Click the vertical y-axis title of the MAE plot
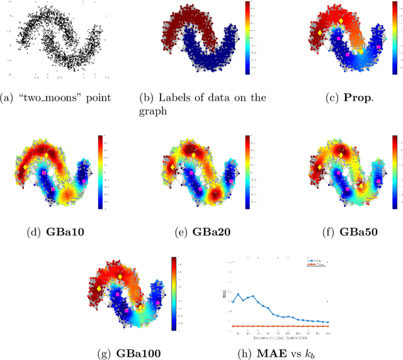[224, 292]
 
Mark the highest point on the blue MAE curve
[239, 293]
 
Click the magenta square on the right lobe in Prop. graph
[378, 47]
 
